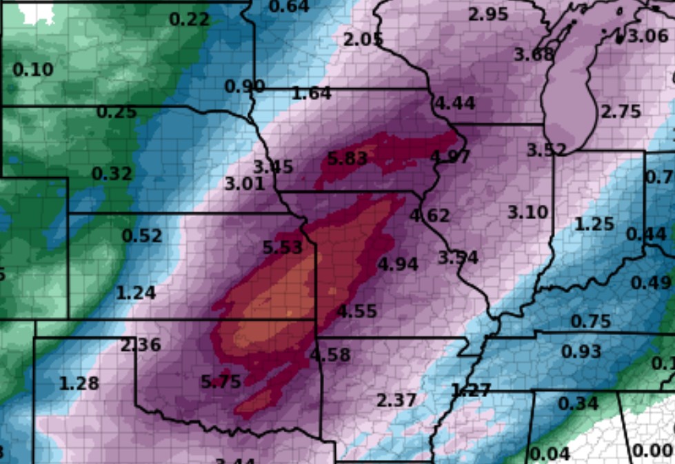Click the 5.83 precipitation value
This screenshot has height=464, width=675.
pos(347,159)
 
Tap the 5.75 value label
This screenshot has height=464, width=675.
pos(221,381)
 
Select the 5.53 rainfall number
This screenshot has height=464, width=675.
pos(283,247)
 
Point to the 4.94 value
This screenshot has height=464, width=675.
pos(399,264)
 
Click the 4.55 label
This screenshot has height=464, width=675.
pos(357,312)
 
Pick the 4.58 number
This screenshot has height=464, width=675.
pos(330,356)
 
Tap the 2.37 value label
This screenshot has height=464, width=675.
pos(396,400)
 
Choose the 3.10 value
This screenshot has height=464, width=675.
pos(528,212)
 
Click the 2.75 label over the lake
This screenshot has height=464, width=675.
pos(621,112)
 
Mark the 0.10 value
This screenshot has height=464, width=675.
pos(33,70)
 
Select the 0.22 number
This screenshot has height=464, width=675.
pos(190,19)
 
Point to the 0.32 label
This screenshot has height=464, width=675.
pos(112,174)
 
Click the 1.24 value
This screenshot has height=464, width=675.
pos(136,293)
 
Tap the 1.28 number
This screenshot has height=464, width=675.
pos(79,383)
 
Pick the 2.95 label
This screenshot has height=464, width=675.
pos(488,14)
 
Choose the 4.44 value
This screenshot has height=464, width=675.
pos(455,103)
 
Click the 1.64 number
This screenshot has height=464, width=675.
pos(312,93)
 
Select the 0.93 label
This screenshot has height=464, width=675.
pos(581,352)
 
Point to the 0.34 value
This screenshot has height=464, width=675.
pos(578,403)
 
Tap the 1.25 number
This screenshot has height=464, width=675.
pos(594,224)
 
